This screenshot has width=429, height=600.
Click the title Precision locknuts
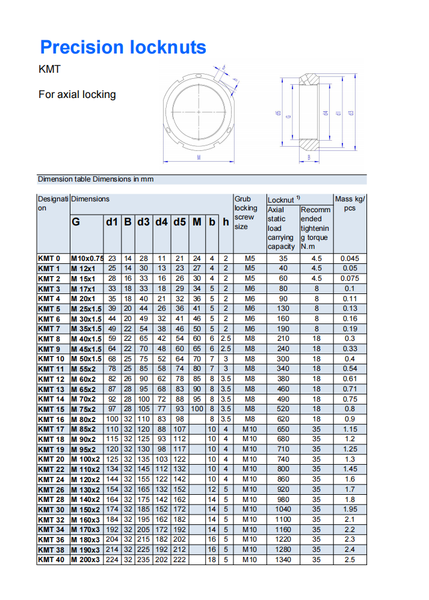coord(123,47)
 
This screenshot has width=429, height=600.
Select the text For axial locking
coord(77,94)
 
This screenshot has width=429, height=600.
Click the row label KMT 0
coord(49,259)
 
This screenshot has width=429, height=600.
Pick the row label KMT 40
coord(51,560)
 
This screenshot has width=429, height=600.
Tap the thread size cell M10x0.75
coord(87,259)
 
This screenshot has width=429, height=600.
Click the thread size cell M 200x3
coord(85,560)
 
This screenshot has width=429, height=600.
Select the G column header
coord(76,222)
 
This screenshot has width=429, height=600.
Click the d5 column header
coord(179,222)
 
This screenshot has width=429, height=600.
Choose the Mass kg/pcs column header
coord(350,203)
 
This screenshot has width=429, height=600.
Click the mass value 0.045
coord(350,259)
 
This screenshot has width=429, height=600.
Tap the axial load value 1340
coord(283,560)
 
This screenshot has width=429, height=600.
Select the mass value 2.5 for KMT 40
coord(350,560)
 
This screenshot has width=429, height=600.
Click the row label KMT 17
coord(51,429)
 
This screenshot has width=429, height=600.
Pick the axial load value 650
coord(283,429)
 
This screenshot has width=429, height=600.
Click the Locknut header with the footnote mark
coord(283,200)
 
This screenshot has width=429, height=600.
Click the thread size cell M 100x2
coord(85,459)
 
